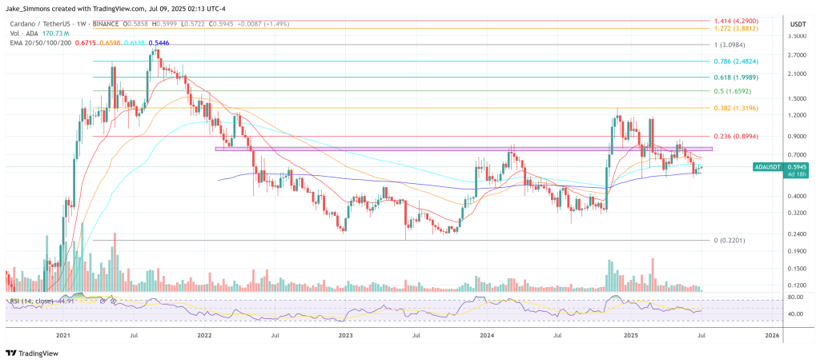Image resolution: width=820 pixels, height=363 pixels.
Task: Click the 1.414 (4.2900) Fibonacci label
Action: click(736, 20)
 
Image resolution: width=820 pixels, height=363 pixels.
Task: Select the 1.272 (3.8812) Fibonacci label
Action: click(736, 28)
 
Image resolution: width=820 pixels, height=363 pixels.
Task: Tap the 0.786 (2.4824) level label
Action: click(736, 61)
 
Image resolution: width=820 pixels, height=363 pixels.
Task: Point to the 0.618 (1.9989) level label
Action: click(736, 78)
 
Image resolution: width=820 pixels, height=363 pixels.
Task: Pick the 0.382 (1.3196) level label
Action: click(736, 108)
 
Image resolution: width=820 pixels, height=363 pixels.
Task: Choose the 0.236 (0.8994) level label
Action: click(736, 136)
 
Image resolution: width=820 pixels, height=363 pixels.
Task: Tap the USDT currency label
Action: click(797, 25)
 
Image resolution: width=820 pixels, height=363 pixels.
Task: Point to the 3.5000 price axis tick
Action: click(798, 37)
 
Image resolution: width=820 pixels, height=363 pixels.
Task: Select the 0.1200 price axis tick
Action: click(798, 285)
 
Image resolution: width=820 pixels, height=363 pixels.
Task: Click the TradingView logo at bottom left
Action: click(36, 353)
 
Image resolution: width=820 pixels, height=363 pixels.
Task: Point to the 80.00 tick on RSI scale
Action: click(797, 297)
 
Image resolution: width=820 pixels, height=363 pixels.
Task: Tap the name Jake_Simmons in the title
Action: click(31, 6)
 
